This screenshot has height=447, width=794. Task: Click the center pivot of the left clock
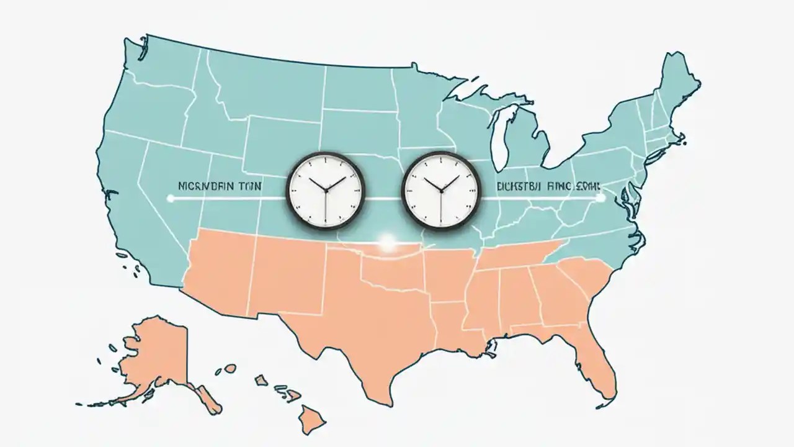[x=325, y=191]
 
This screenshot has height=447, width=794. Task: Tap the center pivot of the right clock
[x=441, y=191]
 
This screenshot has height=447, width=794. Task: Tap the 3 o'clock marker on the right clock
[x=473, y=191]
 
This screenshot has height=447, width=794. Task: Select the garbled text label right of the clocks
[x=542, y=185]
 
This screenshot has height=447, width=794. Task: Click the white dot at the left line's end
[x=171, y=199]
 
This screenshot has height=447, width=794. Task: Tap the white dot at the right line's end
[x=599, y=199]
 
